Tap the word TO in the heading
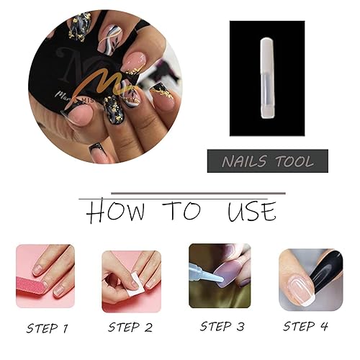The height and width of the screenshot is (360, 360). pos(181,212)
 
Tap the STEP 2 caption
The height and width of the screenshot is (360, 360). pos(132,328)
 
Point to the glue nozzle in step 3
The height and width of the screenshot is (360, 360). pos(203,269)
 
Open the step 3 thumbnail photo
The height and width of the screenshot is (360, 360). pos(220,275)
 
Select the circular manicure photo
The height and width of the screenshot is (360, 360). pos(105,86)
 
